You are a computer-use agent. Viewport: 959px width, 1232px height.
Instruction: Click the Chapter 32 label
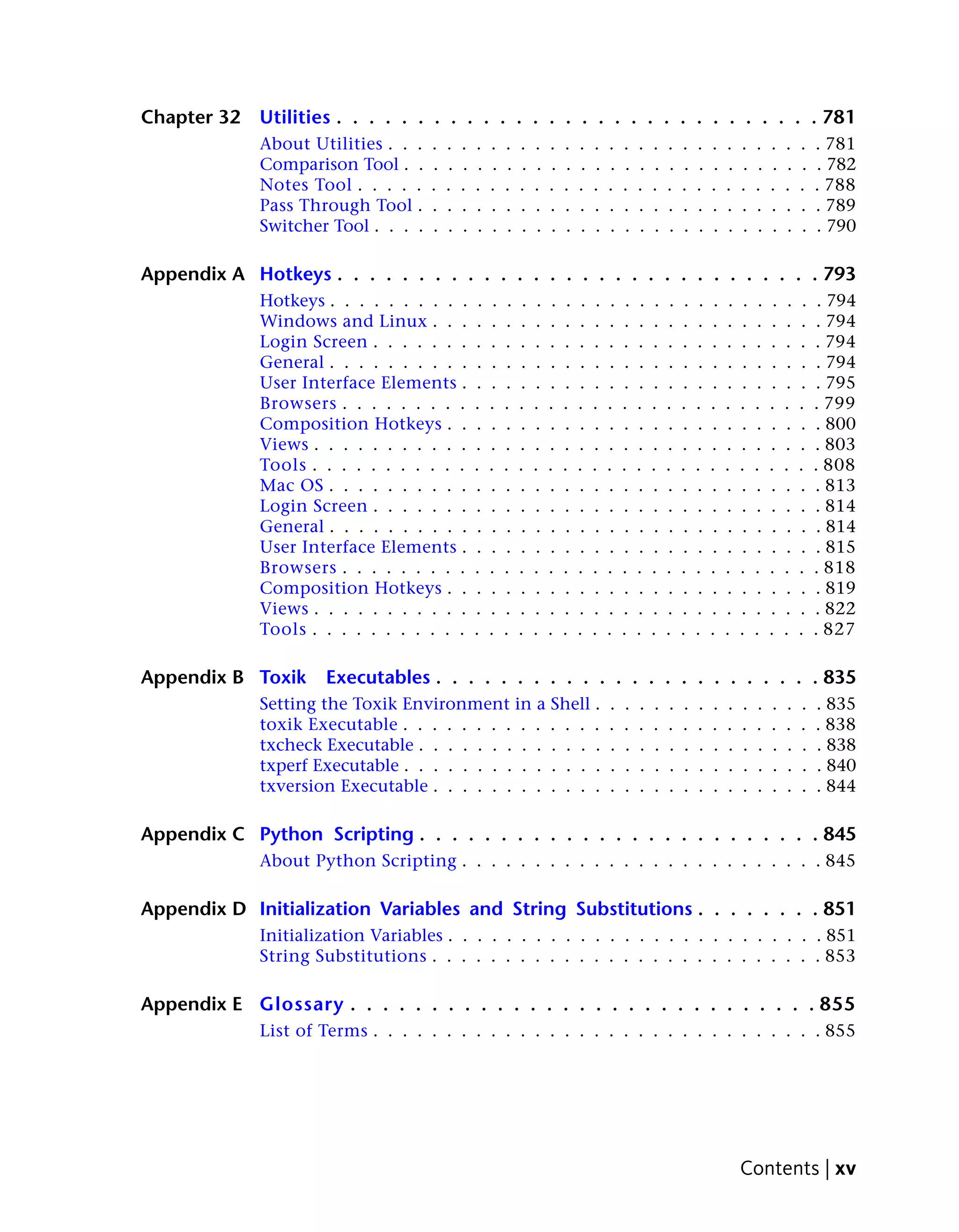pyautogui.click(x=190, y=117)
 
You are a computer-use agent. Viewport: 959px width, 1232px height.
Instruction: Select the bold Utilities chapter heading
pyautogui.click(x=295, y=117)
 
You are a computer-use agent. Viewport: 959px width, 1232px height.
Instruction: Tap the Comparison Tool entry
pyautogui.click(x=329, y=164)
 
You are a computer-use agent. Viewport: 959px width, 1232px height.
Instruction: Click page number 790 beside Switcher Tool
pyautogui.click(x=841, y=226)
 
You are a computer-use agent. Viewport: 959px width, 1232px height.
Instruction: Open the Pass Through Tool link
pyautogui.click(x=336, y=205)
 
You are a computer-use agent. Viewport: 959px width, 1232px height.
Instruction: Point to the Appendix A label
pyautogui.click(x=192, y=274)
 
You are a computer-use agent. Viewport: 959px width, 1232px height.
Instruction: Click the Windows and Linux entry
pyautogui.click(x=343, y=321)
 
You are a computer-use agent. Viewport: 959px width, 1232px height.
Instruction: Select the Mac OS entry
pyautogui.click(x=291, y=485)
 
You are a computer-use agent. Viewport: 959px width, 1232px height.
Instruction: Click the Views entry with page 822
pyautogui.click(x=284, y=609)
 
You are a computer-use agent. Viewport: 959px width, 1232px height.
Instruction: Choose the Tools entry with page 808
pyautogui.click(x=283, y=465)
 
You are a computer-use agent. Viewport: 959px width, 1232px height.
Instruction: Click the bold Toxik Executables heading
pyautogui.click(x=344, y=678)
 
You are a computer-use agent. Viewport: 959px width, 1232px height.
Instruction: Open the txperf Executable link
pyautogui.click(x=329, y=765)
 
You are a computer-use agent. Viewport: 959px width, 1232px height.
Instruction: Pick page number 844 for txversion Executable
pyautogui.click(x=841, y=786)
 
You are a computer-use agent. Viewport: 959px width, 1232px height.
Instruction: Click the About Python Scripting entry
pyautogui.click(x=358, y=861)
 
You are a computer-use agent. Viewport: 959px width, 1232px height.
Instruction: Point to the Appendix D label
pyautogui.click(x=193, y=909)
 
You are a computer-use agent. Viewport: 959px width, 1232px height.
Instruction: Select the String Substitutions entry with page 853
pyautogui.click(x=343, y=956)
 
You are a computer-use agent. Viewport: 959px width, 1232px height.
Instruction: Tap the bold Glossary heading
pyautogui.click(x=302, y=1004)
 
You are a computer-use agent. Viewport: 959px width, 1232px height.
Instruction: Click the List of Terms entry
pyautogui.click(x=313, y=1031)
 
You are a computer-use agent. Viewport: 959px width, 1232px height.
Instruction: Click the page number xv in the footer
pyautogui.click(x=845, y=1168)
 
